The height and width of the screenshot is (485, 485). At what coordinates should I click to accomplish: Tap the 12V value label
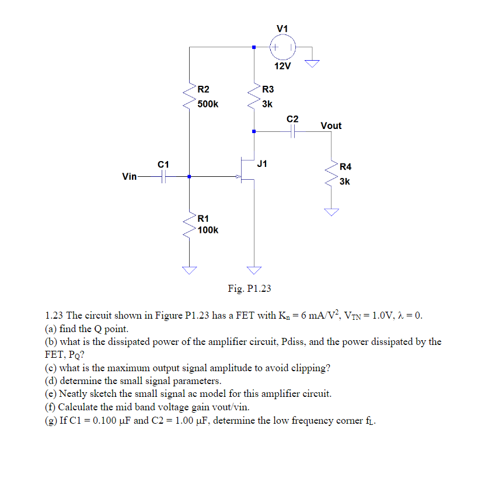(x=282, y=66)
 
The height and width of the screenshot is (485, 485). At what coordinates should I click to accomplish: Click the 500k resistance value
(x=208, y=104)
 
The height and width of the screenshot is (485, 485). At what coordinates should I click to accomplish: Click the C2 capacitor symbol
(x=292, y=132)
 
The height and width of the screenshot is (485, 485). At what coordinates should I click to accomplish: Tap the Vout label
(x=331, y=125)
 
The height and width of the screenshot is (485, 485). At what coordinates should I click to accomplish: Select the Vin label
(x=130, y=176)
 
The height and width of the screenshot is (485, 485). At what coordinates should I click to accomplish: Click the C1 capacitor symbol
(x=165, y=176)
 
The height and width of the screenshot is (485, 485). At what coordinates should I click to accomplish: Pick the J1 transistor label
(x=263, y=163)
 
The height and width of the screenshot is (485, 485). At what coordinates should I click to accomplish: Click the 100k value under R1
(x=208, y=230)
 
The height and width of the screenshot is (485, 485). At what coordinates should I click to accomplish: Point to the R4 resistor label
(x=346, y=167)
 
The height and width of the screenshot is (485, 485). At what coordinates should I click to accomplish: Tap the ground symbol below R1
(x=189, y=270)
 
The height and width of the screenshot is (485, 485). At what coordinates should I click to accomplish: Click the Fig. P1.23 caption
(x=249, y=288)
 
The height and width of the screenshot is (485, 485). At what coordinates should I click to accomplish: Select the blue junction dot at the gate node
(x=189, y=176)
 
